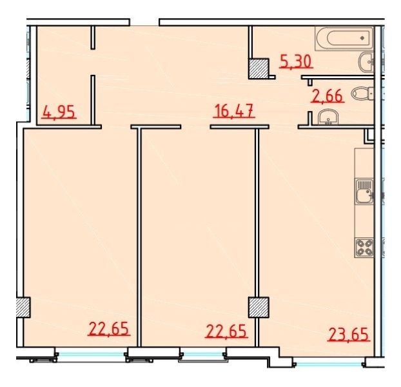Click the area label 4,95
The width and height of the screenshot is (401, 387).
(59, 112)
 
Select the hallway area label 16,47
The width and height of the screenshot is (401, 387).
(234, 111)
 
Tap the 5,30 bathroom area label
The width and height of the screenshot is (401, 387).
(296, 62)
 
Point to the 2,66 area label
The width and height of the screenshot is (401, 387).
(328, 96)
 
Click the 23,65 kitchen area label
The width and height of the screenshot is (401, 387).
(349, 335)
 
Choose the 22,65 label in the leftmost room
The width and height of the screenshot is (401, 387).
(109, 329)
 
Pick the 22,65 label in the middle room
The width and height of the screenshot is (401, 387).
(226, 331)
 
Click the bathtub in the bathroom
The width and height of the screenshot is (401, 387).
(344, 38)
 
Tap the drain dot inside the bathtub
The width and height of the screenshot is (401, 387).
(362, 38)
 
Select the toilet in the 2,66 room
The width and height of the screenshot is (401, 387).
(362, 93)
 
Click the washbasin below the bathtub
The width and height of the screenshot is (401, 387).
(366, 62)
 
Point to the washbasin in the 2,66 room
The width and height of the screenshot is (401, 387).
(328, 117)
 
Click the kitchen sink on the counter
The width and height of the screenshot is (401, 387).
(364, 192)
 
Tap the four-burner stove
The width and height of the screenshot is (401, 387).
(364, 247)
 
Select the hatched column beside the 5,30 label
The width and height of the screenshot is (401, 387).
(259, 68)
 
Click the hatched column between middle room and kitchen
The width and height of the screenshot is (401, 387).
(259, 307)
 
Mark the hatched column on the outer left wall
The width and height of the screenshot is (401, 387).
(23, 307)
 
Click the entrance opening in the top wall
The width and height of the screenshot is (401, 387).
(144, 23)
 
